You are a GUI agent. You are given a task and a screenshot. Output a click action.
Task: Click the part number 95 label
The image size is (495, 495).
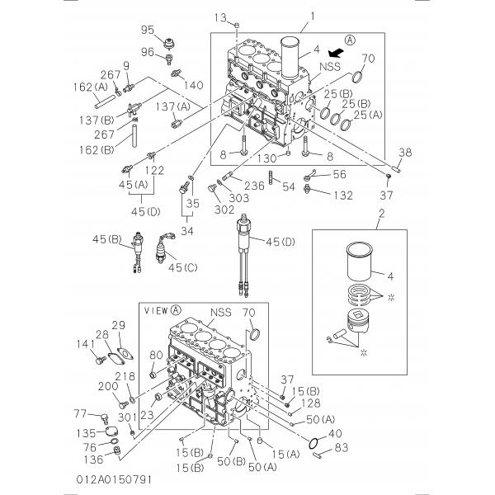(x=148, y=31)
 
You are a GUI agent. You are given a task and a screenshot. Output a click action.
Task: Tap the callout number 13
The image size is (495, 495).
(x=219, y=18)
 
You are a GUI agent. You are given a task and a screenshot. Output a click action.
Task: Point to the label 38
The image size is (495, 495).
(x=405, y=152)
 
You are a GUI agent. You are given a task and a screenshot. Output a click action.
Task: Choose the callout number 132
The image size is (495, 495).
(x=342, y=196)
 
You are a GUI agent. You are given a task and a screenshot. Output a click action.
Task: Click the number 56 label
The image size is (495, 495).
(x=339, y=175)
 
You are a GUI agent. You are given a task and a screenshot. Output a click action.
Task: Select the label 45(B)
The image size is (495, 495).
(x=107, y=240)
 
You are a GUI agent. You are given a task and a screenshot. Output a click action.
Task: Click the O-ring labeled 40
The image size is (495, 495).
(x=314, y=445)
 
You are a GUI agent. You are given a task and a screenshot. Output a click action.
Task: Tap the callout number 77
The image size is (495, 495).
(x=80, y=413)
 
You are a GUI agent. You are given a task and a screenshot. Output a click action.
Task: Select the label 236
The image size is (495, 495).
(x=254, y=186)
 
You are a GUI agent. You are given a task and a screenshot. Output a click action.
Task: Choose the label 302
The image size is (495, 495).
(x=200, y=210)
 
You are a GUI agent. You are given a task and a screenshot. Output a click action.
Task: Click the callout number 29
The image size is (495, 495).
(x=118, y=324)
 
